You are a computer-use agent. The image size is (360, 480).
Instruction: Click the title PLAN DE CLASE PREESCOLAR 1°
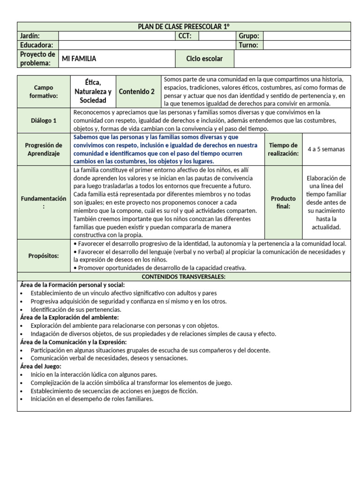pos(184,26)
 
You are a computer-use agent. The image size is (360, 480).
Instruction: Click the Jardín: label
pos(30,36)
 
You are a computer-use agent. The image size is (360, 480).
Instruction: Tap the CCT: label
pos(185,36)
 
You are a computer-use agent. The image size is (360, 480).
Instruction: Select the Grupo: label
pos(249,36)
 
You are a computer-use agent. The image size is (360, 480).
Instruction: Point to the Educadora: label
pos(37,45)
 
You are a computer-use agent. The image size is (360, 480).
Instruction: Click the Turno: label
pos(248,45)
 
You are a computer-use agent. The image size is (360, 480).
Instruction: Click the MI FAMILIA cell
pos(79,59)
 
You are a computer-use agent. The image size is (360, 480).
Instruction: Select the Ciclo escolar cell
pos(204,59)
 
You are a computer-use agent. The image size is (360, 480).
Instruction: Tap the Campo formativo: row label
pos(44,91)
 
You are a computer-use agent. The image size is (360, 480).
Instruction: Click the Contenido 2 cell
pos(136,91)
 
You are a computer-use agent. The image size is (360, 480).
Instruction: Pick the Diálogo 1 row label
pos(44,120)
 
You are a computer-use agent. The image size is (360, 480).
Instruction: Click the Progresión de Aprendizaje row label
pos(44,149)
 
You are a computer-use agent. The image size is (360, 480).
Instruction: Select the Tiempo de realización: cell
pos(283,149)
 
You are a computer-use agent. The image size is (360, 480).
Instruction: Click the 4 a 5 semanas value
pos(326,149)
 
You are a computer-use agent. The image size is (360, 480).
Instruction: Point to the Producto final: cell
pos(283,202)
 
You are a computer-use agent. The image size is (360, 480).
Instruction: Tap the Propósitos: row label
pos(44,255)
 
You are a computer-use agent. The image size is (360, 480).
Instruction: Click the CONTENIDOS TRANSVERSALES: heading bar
pos(184,277)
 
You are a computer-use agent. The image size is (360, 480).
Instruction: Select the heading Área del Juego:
pos(41,366)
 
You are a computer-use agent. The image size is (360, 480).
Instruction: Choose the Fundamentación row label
pos(44,202)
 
